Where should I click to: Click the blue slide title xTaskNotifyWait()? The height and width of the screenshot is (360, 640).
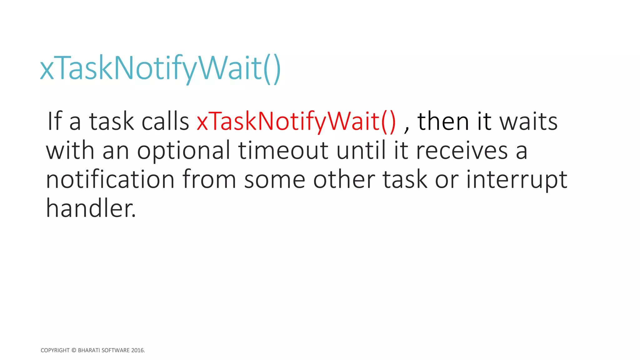[160, 68]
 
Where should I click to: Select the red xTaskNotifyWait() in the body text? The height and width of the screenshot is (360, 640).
[296, 121]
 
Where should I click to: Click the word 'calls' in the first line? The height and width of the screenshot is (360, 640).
[165, 121]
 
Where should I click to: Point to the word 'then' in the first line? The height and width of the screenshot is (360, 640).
[443, 121]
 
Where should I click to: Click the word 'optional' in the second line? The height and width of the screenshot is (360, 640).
[184, 151]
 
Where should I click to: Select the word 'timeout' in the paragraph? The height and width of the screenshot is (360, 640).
[283, 150]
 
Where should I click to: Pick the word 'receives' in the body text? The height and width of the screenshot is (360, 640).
[462, 151]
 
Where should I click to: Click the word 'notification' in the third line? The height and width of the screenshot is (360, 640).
[110, 179]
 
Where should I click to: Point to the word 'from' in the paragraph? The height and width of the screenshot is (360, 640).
[209, 179]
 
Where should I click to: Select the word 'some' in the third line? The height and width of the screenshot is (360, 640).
[274, 180]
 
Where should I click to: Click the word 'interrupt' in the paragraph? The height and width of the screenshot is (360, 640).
[517, 180]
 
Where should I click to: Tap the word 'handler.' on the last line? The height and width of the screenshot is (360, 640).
[91, 208]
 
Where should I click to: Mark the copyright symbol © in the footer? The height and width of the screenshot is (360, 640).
[74, 350]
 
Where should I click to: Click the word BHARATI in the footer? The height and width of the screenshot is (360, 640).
[89, 350]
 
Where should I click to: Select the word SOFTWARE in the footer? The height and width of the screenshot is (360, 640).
[116, 350]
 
